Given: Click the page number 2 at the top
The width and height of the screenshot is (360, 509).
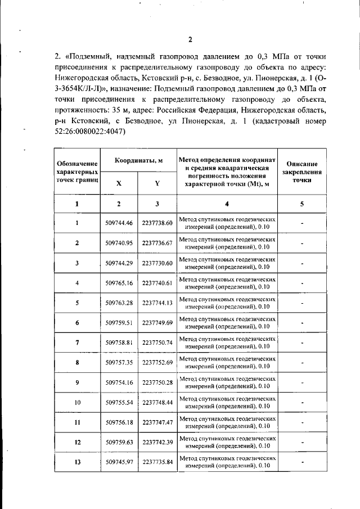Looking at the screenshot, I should click(190, 39).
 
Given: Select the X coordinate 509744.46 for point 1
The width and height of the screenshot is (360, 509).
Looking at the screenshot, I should click(119, 223).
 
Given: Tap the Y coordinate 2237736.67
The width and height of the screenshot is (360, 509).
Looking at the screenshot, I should click(157, 243).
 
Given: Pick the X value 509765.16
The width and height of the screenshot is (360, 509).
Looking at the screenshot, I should click(119, 283).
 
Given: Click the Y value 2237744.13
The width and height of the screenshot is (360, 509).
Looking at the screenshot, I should click(157, 303).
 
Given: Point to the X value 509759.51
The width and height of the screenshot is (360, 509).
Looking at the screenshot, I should click(119, 323).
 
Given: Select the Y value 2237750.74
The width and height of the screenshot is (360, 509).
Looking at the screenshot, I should click(157, 343).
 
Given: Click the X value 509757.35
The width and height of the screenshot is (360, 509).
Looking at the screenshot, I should click(119, 363).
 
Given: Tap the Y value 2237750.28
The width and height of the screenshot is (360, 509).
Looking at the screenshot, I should click(157, 382).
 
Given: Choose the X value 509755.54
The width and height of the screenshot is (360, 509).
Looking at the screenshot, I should click(119, 403).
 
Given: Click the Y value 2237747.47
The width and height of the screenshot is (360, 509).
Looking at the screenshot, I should click(157, 422).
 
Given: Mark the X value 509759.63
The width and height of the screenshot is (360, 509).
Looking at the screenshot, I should click(119, 443).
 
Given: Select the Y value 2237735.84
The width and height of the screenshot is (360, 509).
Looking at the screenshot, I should click(157, 462).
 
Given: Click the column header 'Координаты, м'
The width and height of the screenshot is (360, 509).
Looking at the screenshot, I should click(138, 160).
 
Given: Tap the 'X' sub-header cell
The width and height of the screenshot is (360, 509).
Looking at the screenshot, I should click(119, 183).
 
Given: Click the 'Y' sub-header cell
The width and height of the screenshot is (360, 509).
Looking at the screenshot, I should click(157, 183).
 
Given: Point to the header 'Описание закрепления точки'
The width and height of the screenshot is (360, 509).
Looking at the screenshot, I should click(302, 172).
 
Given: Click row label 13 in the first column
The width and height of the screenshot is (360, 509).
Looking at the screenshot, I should click(76, 462).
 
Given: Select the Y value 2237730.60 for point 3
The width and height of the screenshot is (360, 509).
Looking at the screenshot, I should click(157, 263).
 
